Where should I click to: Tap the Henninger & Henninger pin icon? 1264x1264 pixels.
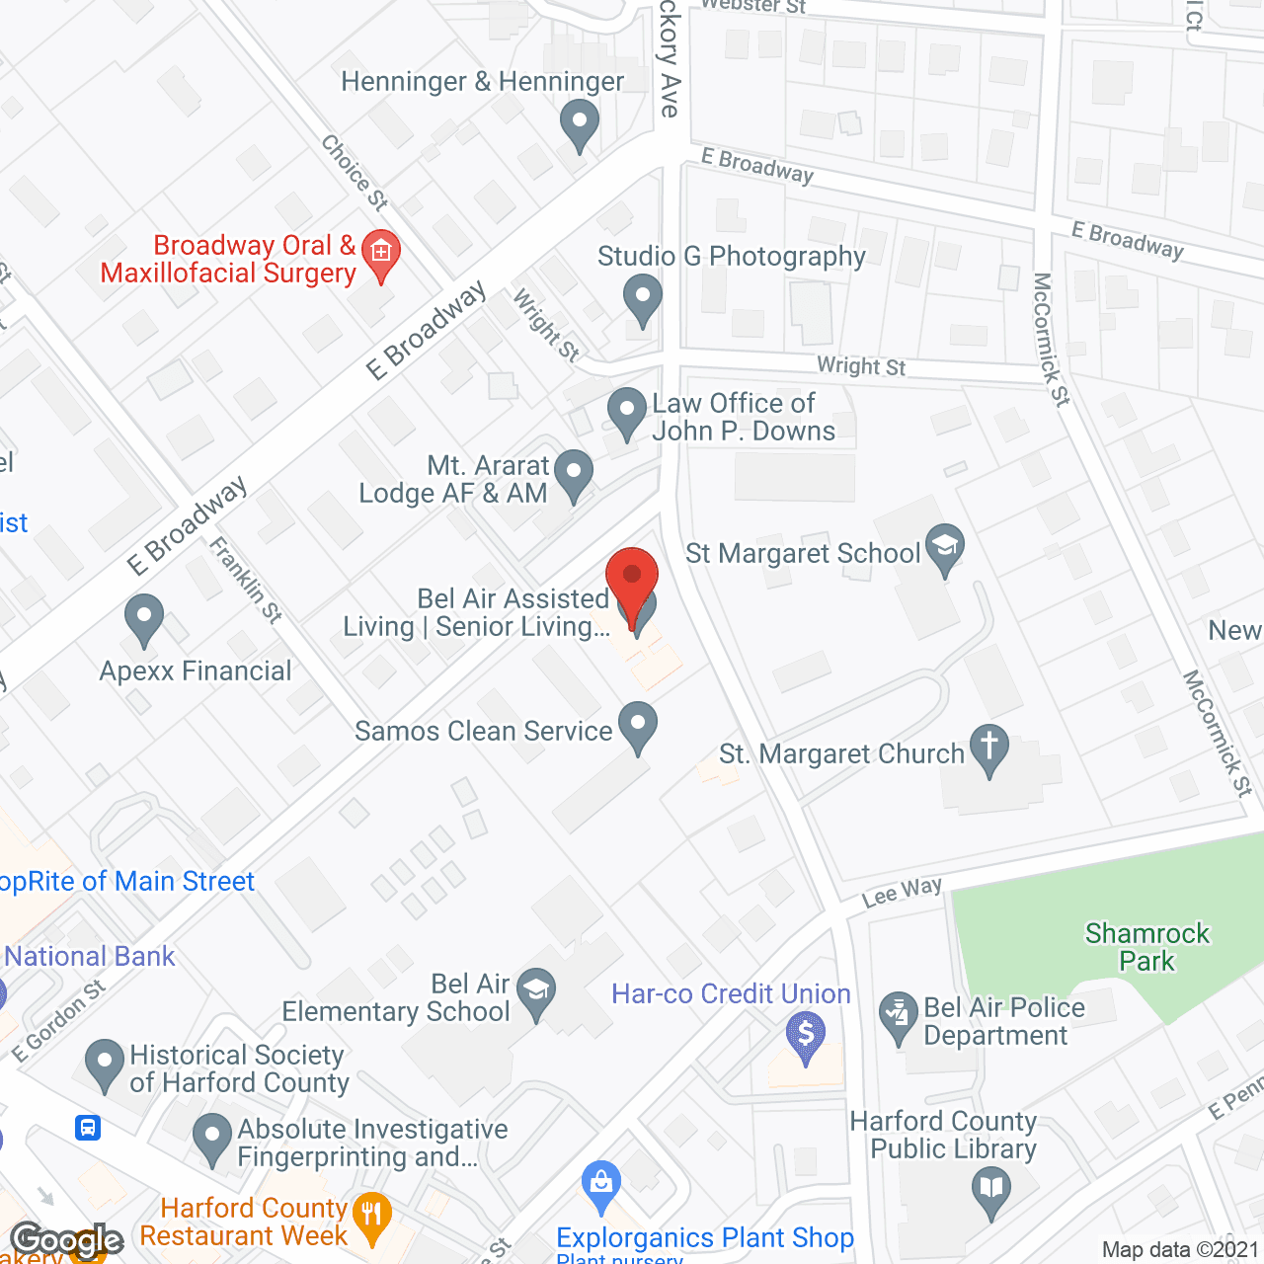[x=580, y=125]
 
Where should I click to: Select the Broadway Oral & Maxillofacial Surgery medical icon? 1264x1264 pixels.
[x=381, y=253]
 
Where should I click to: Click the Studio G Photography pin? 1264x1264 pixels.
[x=643, y=298]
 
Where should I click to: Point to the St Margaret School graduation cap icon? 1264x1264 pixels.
[x=945, y=547]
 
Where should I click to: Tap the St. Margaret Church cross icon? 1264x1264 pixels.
[x=989, y=749]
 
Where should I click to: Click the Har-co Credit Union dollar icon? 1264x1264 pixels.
[x=807, y=1036]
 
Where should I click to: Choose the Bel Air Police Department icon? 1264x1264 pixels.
[x=899, y=1017]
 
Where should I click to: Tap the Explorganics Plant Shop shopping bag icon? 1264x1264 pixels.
[x=601, y=1184]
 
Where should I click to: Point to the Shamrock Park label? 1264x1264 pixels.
[x=1146, y=947]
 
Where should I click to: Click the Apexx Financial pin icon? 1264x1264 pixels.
[x=144, y=618]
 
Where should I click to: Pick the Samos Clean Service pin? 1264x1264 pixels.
[x=638, y=725]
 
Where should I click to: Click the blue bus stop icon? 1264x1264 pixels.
[x=88, y=1127]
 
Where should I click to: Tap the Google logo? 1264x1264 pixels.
[x=66, y=1240]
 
